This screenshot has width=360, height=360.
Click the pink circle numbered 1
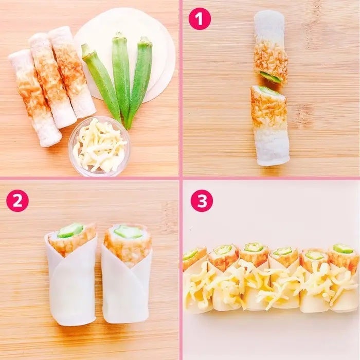tap(200, 19)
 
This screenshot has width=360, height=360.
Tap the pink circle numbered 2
tap(17, 201)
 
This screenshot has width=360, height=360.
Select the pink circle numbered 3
tap(202, 201)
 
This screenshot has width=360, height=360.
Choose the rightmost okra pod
tap(139, 80)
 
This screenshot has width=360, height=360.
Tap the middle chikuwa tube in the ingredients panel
tap(52, 80)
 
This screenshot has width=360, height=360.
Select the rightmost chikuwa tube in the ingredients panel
tap(71, 71)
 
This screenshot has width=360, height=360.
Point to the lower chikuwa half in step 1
tap(269, 125)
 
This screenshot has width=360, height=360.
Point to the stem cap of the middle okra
tap(118, 36)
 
